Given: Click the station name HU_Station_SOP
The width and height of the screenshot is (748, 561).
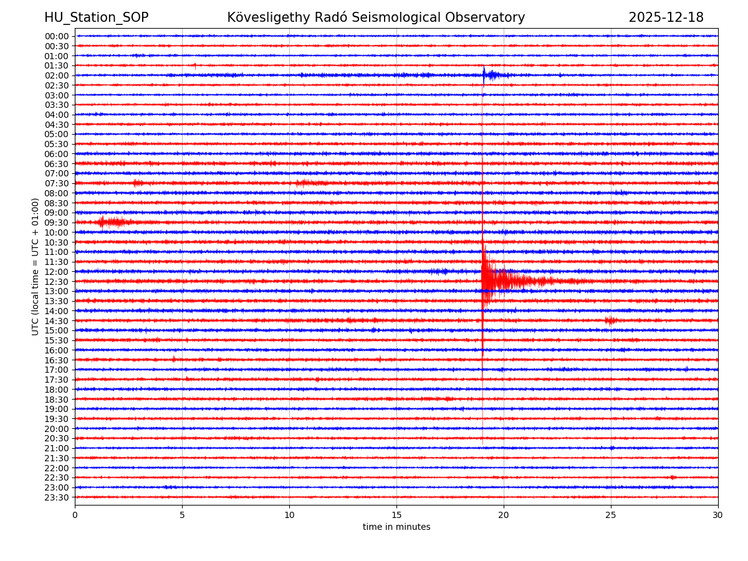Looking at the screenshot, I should (x=96, y=18).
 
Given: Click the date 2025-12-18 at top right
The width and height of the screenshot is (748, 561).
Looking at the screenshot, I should (x=666, y=18).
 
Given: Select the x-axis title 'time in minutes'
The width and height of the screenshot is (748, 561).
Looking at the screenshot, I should (x=396, y=527).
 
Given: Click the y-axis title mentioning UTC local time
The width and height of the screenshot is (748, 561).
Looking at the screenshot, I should (x=36, y=267).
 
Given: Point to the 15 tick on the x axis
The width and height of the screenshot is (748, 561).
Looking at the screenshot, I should (x=396, y=515).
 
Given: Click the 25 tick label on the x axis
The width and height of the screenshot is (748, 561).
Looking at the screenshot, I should (x=611, y=515).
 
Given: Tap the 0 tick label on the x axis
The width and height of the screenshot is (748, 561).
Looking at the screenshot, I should (x=75, y=515).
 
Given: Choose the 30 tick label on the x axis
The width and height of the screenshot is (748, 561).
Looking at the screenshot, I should (x=718, y=515).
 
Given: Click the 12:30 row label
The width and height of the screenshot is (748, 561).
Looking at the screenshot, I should (x=56, y=282).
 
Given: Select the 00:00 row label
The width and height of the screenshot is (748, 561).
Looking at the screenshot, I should (x=56, y=36).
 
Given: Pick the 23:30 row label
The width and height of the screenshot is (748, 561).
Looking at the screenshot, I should (x=56, y=497).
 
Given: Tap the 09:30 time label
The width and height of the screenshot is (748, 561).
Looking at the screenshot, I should (x=56, y=223).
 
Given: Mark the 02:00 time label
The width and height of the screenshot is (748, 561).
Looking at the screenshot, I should (x=56, y=75).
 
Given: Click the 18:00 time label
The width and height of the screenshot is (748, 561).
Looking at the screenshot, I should (x=56, y=390).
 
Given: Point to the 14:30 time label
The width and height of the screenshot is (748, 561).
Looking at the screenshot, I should (x=56, y=321).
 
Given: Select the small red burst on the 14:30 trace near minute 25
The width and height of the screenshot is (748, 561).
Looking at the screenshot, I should (x=611, y=320).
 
